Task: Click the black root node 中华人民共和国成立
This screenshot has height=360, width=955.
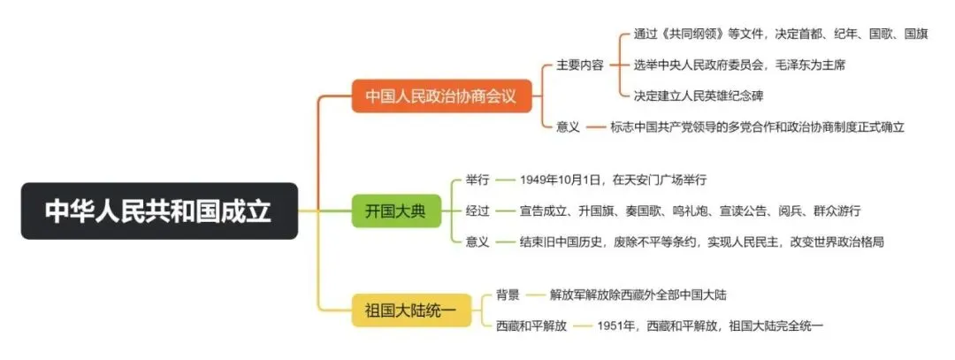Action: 159,211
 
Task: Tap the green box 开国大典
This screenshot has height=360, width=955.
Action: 395,211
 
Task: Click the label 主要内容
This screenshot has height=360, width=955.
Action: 579,65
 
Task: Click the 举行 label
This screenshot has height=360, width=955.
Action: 477,180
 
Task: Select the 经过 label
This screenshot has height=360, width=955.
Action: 477,211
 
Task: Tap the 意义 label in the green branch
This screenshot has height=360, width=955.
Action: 477,241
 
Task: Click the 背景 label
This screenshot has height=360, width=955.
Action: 508,294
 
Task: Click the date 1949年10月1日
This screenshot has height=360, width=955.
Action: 561,180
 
